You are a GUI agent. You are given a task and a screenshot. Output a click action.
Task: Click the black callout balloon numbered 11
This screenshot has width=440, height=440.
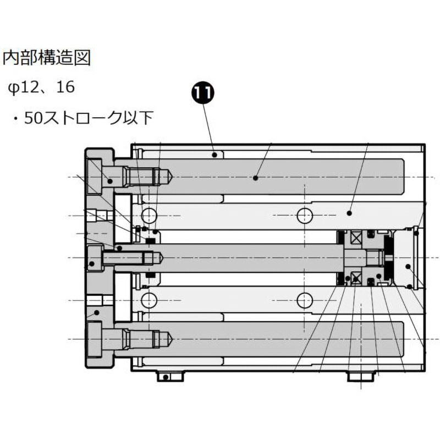coord(203,93)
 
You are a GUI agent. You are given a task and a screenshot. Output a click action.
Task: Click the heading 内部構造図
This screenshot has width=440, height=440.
coord(47,58)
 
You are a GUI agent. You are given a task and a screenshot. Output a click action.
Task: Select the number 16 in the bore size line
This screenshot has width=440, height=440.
coord(65,87)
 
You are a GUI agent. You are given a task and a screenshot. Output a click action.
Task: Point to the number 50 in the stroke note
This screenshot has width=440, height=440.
coord(34,118)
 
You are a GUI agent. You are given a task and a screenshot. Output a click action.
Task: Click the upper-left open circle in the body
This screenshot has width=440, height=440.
coord(148,216)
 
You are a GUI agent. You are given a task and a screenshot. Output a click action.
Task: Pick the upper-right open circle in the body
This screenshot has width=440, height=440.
coord(305,216)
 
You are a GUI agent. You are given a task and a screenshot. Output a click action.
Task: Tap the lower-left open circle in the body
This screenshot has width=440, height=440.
coord(148,300)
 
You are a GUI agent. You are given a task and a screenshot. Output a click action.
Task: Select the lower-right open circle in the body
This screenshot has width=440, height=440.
coord(305,300)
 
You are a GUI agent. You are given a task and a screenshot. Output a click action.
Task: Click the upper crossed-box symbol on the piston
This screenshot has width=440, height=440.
coord(356,238)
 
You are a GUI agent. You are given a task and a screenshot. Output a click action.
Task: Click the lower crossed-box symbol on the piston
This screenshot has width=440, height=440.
coord(356,278)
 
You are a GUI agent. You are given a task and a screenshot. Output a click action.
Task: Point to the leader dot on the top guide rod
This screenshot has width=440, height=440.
coord(255,178)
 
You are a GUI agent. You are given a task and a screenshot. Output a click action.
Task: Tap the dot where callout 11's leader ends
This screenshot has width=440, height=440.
coord(215,155)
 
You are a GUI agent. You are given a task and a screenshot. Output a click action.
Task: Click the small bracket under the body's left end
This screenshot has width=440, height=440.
coord(170,376)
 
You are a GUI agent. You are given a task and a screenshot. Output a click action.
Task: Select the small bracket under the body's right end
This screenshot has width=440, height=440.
coord(362,376)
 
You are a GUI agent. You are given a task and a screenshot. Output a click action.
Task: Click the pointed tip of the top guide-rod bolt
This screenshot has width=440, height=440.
coord(172,177)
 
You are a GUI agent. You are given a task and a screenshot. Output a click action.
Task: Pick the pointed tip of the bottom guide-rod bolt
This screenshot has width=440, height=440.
coord(172,339)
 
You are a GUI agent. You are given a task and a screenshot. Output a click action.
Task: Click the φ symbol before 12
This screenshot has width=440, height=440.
coord(13,89)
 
